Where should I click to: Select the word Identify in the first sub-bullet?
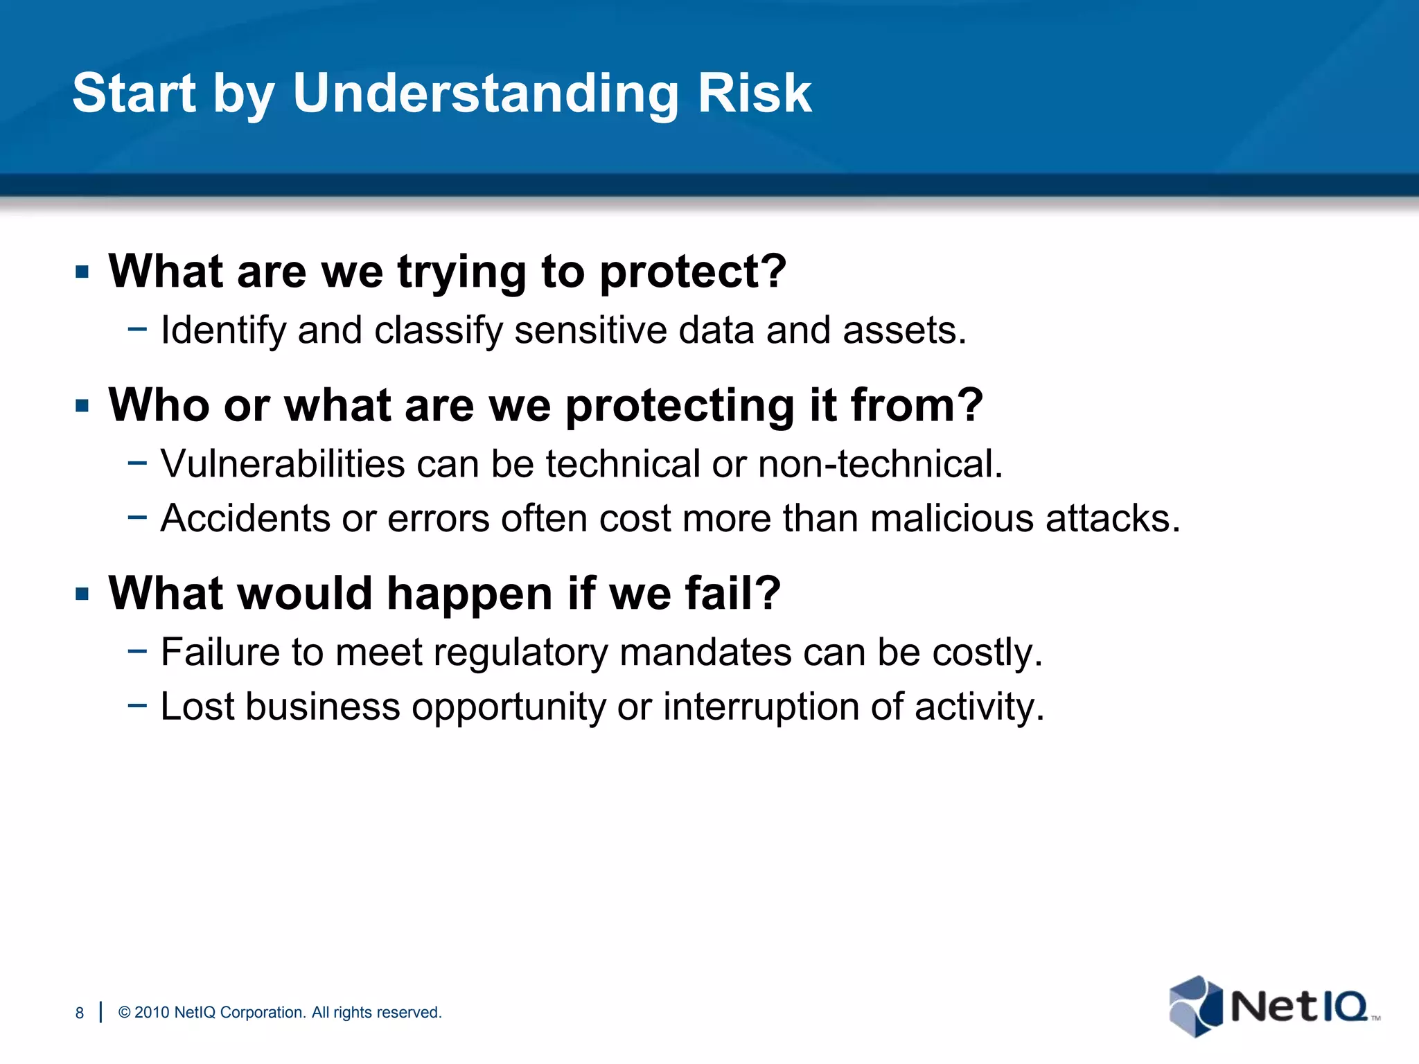[223, 330]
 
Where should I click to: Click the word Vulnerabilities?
[283, 463]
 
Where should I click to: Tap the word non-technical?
[880, 463]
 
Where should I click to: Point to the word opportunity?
[509, 707]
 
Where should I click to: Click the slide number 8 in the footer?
[80, 1013]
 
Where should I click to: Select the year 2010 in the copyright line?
[152, 1013]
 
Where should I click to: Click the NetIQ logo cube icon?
[1195, 1006]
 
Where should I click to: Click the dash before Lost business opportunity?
[137, 705]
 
